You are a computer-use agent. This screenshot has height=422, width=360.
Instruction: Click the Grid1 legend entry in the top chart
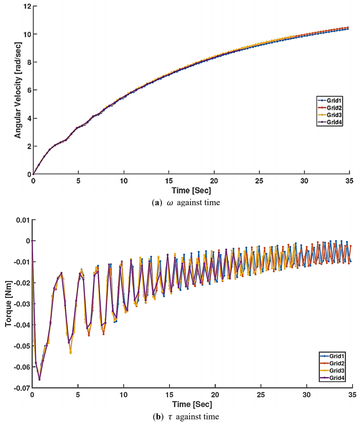[x=334, y=101]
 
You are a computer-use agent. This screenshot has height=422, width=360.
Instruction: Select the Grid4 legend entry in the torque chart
[x=336, y=378]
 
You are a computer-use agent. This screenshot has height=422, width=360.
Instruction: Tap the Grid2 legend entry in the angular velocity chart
[x=334, y=108]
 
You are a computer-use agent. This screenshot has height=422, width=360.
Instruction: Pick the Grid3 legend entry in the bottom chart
[x=336, y=371]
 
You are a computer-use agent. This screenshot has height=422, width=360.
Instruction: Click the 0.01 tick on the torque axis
[x=23, y=220]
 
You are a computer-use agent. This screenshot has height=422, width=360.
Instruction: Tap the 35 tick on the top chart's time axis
[x=349, y=181]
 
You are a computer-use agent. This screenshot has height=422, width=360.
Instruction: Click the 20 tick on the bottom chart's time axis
[x=215, y=395]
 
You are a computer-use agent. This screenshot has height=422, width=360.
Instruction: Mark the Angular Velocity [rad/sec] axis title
[x=18, y=90]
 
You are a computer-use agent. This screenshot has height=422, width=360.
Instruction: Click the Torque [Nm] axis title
[x=8, y=304]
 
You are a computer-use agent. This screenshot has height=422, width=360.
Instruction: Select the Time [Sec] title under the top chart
[x=191, y=191]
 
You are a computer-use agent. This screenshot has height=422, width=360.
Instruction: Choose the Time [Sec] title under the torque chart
[x=192, y=404]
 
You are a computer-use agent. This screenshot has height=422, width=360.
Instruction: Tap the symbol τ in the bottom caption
[x=170, y=417]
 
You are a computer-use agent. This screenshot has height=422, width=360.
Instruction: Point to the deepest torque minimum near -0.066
[x=39, y=380]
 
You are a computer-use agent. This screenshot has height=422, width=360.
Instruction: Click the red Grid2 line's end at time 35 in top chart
[x=348, y=27]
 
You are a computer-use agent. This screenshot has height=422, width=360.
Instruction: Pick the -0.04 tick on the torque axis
[x=22, y=325]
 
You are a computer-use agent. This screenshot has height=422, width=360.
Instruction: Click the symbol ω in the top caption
[x=170, y=203]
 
